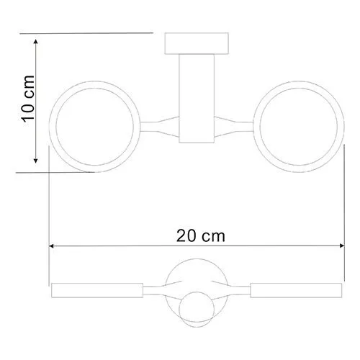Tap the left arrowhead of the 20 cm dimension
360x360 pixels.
[53, 246]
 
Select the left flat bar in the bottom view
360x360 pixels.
[94, 292]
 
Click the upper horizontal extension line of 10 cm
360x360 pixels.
[94, 32]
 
